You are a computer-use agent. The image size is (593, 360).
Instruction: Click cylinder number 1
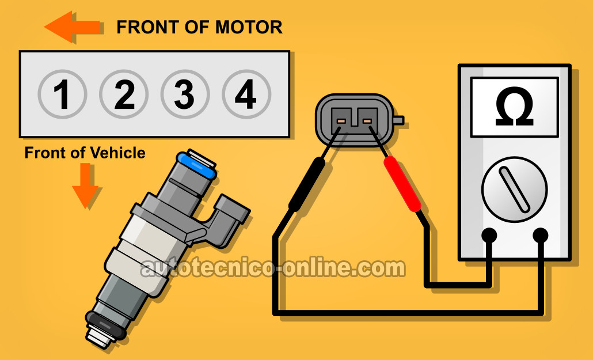(x=62, y=94)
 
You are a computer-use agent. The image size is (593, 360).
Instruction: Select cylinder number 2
(x=124, y=94)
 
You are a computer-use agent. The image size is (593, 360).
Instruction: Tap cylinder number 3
(x=185, y=94)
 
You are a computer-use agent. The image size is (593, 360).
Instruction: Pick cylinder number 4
(x=246, y=94)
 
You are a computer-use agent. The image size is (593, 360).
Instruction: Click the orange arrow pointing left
(x=72, y=26)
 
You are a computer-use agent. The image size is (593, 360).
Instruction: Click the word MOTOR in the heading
(x=249, y=27)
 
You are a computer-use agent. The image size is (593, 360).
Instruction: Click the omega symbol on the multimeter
(x=514, y=107)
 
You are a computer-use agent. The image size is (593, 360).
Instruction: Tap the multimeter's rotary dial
(x=514, y=190)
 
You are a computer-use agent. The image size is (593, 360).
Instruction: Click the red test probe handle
(x=402, y=184)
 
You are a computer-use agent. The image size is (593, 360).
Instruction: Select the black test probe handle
(x=307, y=184)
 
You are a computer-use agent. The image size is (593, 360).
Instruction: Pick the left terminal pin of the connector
(x=341, y=121)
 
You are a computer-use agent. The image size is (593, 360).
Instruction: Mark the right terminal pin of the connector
(x=367, y=121)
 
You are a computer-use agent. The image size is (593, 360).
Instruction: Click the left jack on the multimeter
(x=489, y=235)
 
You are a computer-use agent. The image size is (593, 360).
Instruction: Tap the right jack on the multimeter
(x=541, y=235)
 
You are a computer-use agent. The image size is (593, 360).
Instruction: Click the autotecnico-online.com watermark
(x=273, y=268)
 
